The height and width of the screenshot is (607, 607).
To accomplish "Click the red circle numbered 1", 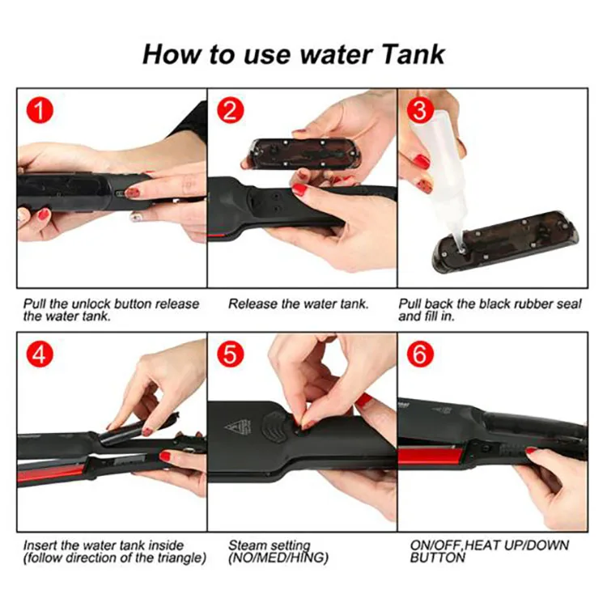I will [37, 110].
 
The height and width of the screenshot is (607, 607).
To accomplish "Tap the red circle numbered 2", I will [230, 110].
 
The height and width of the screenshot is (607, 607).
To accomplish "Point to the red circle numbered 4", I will [37, 354].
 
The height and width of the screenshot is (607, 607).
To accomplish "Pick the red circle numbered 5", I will [230, 354].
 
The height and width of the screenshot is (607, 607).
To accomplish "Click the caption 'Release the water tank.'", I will [298, 304].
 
